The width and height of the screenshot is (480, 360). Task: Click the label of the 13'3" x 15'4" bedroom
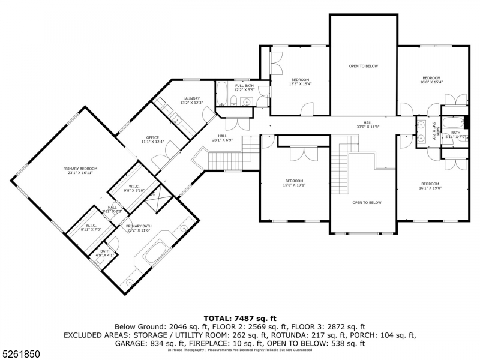click(x=300, y=82)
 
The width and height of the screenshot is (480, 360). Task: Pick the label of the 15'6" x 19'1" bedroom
click(x=295, y=183)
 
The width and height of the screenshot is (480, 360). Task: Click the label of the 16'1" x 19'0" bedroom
click(x=430, y=185)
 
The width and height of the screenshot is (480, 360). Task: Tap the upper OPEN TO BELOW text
click(x=364, y=66)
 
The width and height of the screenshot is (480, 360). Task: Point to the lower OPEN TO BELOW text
click(x=367, y=203)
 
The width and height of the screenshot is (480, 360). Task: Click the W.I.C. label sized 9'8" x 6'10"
click(x=134, y=188)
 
